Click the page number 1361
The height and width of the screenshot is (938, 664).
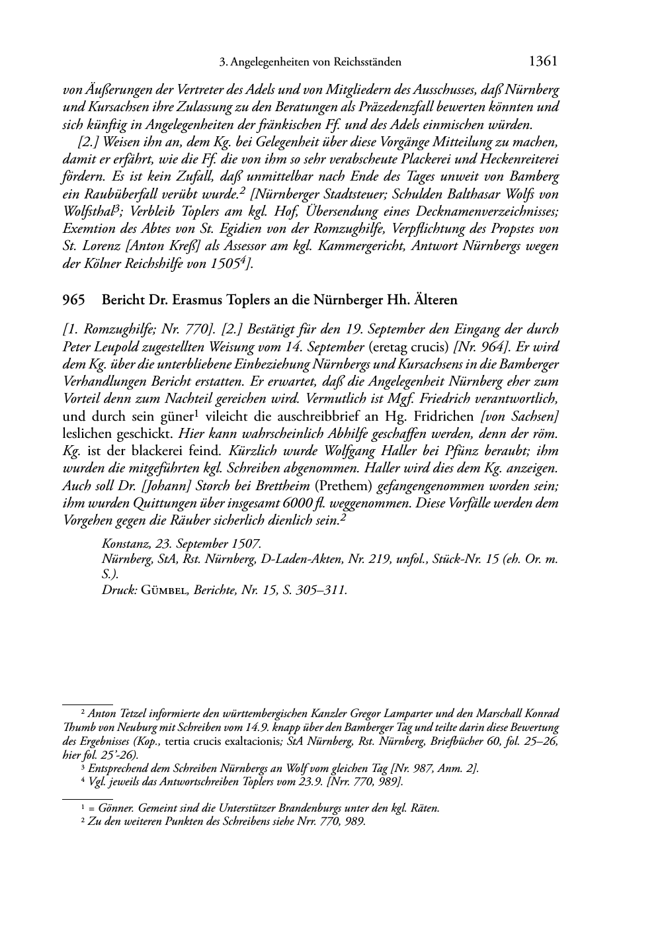[x=544, y=62]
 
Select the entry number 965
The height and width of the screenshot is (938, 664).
[x=73, y=300]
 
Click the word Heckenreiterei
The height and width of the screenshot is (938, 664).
[x=520, y=160]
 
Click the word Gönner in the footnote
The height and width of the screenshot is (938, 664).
[x=113, y=808]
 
